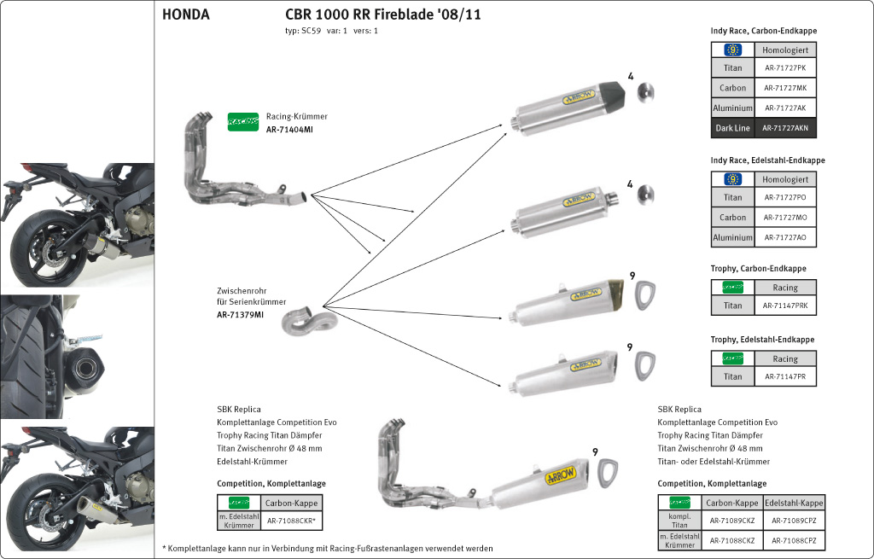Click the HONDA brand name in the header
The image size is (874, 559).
185,15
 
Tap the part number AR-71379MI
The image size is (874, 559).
240,315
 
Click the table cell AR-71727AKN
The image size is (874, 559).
785,129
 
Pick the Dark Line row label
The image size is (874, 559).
732,129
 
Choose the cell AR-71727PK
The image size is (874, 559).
785,67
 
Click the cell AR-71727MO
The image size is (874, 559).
785,218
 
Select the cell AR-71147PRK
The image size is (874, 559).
785,305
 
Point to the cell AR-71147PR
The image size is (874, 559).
785,376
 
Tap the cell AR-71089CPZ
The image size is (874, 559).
794,520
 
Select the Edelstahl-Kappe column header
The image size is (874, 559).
794,503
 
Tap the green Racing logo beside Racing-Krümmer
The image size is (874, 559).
242,122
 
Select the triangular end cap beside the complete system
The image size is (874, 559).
609,470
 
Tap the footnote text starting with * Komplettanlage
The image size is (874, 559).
328,548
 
